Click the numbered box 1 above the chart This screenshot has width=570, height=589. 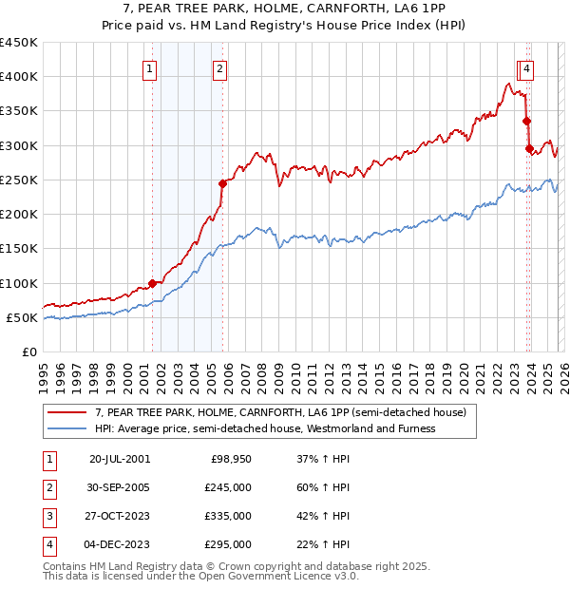[150, 68]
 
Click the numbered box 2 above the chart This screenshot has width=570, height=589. [219, 68]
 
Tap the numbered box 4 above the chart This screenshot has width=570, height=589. [526, 68]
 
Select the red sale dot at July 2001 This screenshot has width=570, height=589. [152, 283]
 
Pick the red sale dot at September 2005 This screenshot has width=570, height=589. [222, 183]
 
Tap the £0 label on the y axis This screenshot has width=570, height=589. [28, 351]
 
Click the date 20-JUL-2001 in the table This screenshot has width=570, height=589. [120, 459]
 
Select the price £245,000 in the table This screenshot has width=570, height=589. [228, 488]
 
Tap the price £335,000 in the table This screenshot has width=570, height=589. [228, 516]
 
